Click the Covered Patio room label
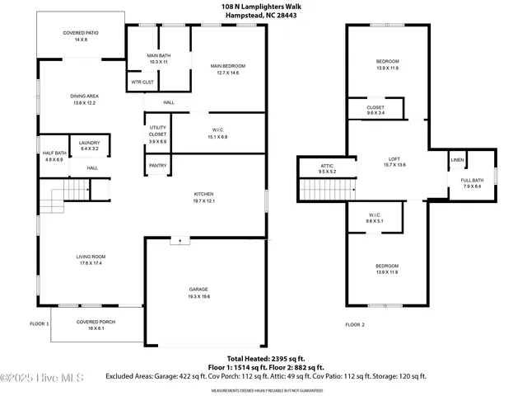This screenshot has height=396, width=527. point(80,33)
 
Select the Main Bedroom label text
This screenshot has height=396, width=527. point(227,66)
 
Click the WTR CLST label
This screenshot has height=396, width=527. point(142,82)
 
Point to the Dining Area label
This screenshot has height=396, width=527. point(85,96)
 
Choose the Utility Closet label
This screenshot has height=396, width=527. point(157,130)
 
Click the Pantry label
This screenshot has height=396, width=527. point(157,165)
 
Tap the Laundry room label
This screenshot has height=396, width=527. point(89,144)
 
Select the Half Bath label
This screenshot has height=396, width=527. point(53,153)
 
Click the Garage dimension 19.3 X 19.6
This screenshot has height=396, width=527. point(199,296)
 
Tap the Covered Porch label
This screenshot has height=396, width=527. point(91,322)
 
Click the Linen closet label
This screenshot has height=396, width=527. point(457,159)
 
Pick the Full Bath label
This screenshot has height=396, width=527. point(472,181)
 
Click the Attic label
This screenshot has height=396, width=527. point(327,166)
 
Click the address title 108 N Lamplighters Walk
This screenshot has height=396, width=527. point(262,6)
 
